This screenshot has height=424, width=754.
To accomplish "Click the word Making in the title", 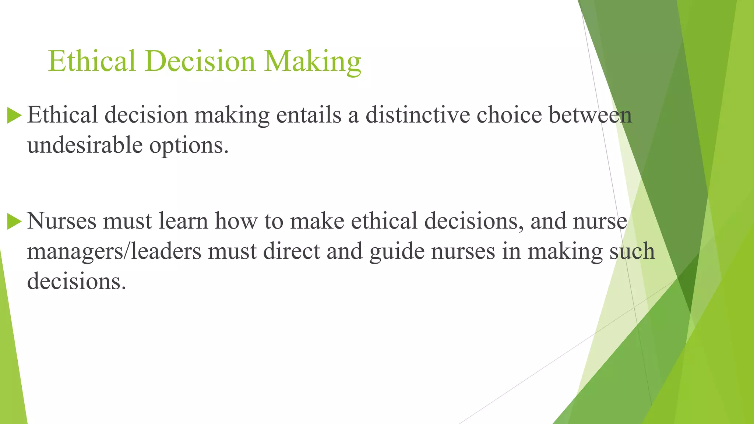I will tap(313, 61).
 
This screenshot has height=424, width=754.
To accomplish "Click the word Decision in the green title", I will tap(200, 61).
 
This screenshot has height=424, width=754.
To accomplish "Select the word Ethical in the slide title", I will tap(92, 61).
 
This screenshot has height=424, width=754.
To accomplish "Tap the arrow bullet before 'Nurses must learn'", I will tap(14, 222).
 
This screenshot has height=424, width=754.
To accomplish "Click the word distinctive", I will tap(417, 115).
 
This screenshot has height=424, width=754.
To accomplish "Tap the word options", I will tap(189, 146).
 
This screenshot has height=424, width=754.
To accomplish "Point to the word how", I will tap(236, 221).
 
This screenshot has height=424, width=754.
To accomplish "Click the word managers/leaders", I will tap(114, 251).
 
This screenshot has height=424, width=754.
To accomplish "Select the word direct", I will tap(291, 251).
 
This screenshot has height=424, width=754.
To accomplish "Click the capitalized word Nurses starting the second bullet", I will tap(61, 221).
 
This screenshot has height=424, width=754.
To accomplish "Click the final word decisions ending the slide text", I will tap(76, 282).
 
